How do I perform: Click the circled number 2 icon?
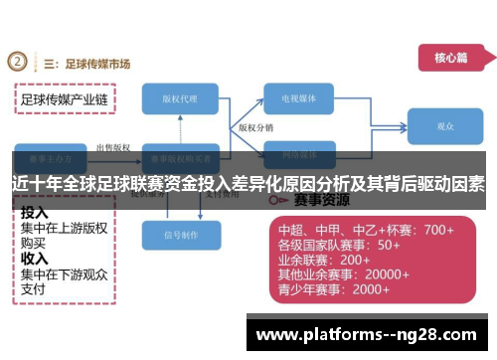click(x=18, y=62)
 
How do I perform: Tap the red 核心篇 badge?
click(x=449, y=58)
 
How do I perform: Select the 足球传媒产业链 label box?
click(x=65, y=99)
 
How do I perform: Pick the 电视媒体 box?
click(x=303, y=98)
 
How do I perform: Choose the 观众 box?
click(x=444, y=127)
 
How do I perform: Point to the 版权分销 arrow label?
click(x=256, y=128)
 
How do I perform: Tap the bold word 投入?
click(x=35, y=213)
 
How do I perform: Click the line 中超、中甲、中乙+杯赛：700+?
click(x=365, y=230)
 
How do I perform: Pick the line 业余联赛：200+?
click(x=324, y=260)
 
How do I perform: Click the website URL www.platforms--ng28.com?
click(x=372, y=331)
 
